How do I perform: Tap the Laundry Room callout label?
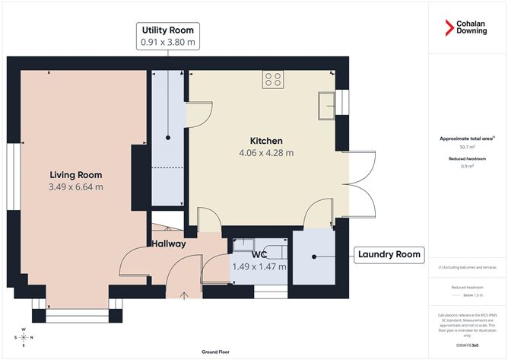point(388,254)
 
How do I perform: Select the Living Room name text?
point(75,175)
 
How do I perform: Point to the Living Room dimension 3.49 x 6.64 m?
point(75,186)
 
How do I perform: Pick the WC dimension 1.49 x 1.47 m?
point(259,266)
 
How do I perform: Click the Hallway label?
point(167,244)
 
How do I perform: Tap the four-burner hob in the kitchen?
point(274,78)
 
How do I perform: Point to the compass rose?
point(24,337)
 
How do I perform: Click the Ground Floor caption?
point(217,352)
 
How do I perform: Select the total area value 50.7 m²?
point(467,147)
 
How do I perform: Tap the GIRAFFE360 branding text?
point(467,345)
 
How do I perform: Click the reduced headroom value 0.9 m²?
point(467,166)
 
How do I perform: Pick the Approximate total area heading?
point(467,139)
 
